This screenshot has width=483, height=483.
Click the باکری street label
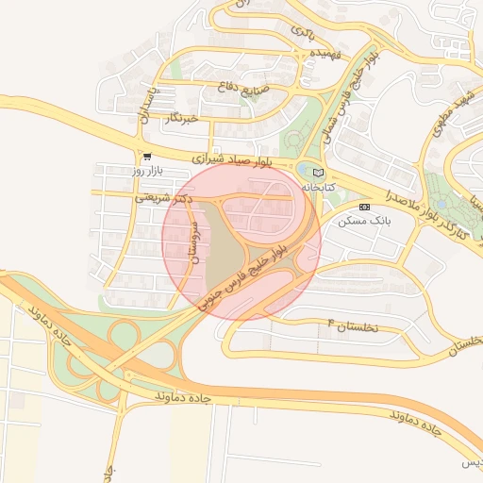303,32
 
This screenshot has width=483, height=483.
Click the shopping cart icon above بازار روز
146,157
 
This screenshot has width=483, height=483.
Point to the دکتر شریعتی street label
163,198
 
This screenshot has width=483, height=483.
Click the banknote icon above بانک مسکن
365,206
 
